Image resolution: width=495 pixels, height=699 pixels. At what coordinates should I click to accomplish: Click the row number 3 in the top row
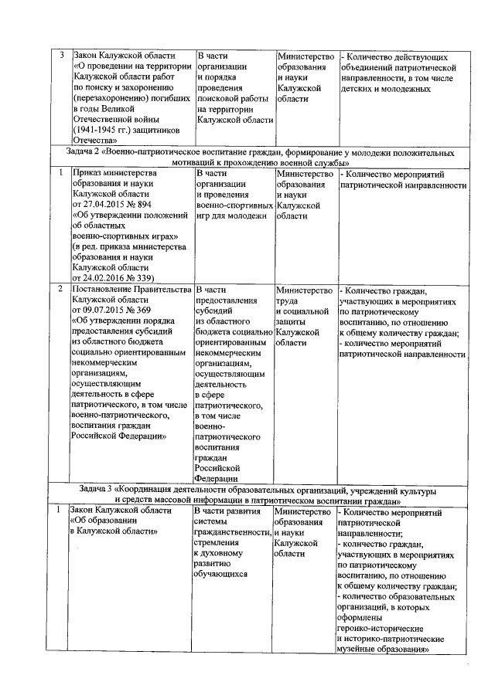pos(61,56)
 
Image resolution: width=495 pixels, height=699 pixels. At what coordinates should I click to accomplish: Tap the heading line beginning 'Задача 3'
pos(258,491)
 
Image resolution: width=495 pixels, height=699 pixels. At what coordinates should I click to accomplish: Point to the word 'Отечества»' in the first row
pos(98,141)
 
